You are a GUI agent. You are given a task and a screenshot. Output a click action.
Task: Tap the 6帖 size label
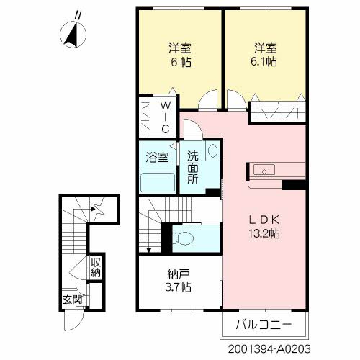[180, 63]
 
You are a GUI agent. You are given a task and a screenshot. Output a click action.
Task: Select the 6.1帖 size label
[264, 63]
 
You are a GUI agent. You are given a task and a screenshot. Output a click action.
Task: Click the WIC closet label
[165, 117]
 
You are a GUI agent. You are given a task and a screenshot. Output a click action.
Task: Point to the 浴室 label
[156, 156]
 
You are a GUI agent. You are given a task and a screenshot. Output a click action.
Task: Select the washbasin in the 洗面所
[212, 152]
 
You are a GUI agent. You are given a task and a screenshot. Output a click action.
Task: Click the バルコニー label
[264, 325]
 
